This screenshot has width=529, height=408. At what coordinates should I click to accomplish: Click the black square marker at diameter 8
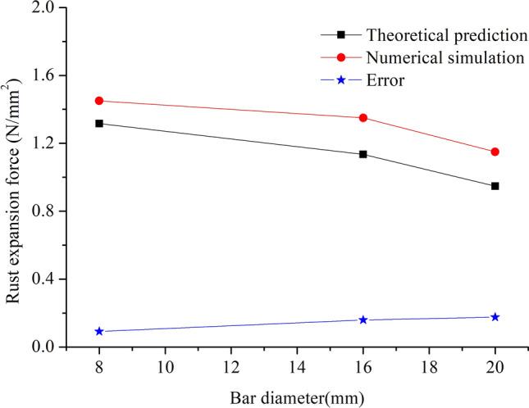click(99, 124)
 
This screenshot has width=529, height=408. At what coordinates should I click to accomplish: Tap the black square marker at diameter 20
click(495, 186)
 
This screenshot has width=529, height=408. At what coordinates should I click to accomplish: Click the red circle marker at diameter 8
click(99, 101)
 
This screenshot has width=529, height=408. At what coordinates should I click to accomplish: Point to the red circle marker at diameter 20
click(495, 152)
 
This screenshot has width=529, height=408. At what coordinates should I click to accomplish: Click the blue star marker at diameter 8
click(99, 331)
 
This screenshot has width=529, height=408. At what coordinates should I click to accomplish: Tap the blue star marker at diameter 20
click(495, 316)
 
